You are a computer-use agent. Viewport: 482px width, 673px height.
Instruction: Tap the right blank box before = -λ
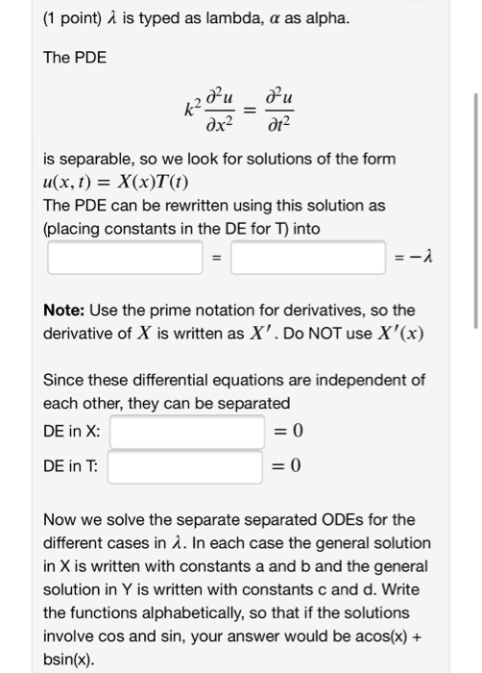click(x=307, y=258)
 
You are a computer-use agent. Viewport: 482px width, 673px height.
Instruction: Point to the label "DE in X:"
click(x=72, y=432)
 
